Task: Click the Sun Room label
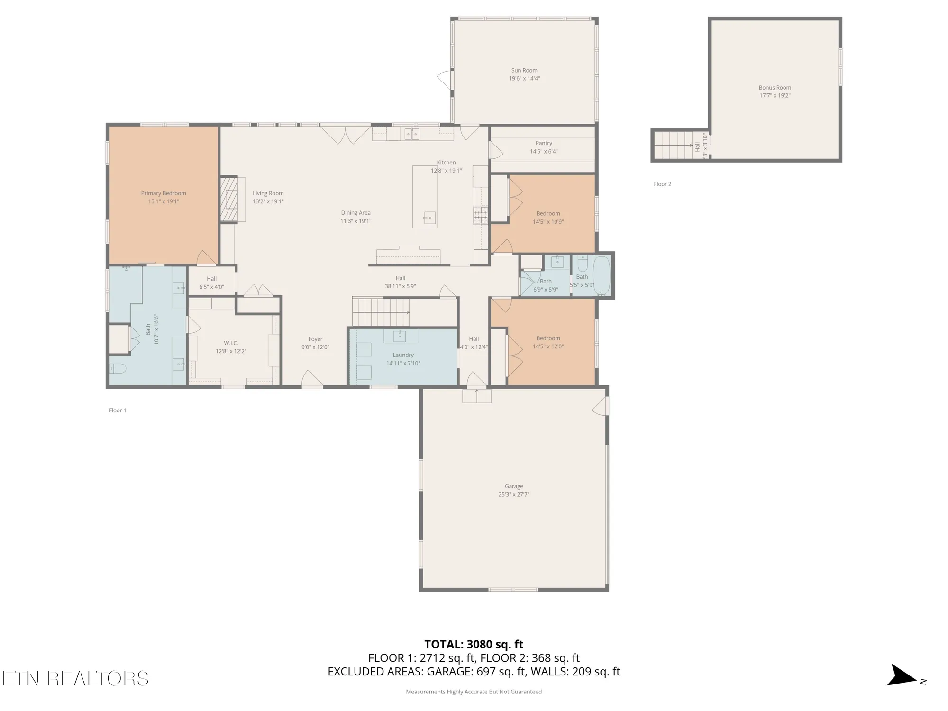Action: pos(524,70)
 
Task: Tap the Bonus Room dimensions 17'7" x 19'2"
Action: pos(775,95)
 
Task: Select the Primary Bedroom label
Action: pos(163,193)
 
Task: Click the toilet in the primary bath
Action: pos(118,368)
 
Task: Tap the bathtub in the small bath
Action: pos(602,275)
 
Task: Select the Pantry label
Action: pos(544,143)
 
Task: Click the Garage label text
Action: pos(514,486)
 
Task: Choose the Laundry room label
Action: pos(403,355)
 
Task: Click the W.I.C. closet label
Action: pos(231,343)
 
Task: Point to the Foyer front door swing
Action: pos(312,378)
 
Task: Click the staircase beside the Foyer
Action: pos(379,312)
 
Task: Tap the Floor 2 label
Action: pos(662,184)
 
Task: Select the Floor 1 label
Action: pos(118,410)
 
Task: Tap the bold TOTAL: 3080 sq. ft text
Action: pos(474,644)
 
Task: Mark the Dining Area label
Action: pos(355,213)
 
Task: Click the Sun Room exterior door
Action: pos(445,80)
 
